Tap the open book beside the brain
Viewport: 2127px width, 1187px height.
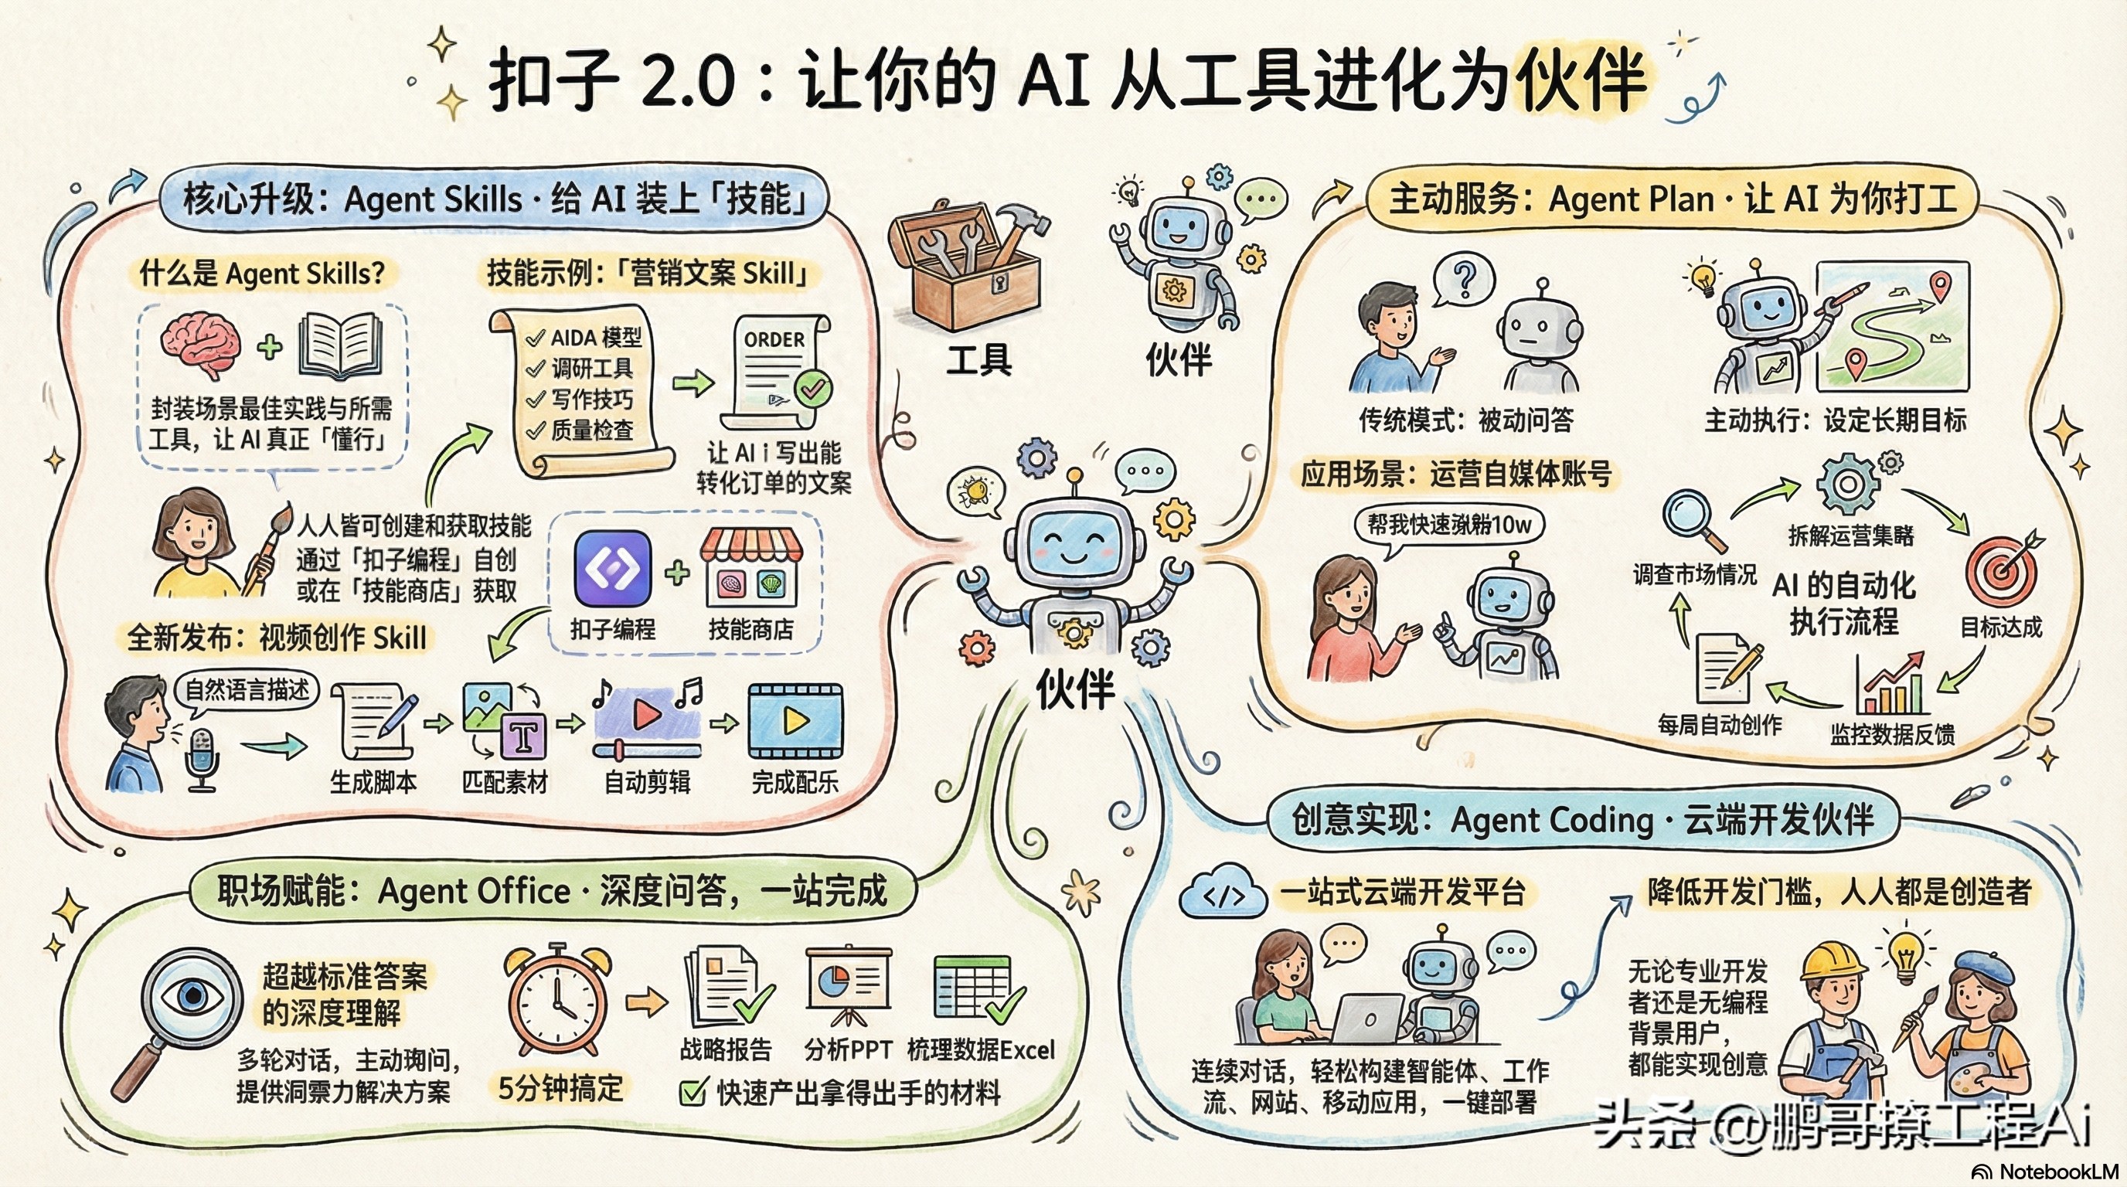340,347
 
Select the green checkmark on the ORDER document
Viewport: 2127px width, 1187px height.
812,387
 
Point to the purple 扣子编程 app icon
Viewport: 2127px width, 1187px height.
612,568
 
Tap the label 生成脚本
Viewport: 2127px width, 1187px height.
373,781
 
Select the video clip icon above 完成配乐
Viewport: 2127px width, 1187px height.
795,720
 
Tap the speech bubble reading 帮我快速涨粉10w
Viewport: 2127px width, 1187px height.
1449,524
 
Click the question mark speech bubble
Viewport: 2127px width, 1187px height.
1464,277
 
